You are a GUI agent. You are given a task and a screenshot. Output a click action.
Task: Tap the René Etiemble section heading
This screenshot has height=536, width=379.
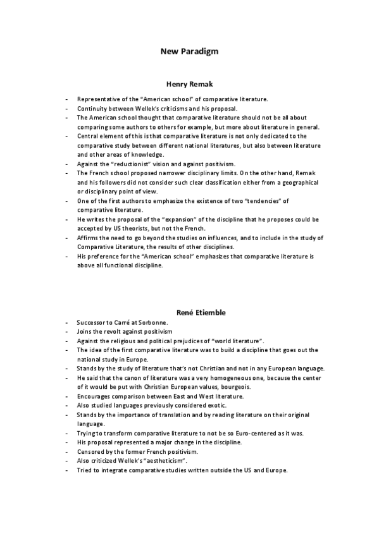189,312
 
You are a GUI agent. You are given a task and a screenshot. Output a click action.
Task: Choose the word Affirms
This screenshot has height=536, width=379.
88,237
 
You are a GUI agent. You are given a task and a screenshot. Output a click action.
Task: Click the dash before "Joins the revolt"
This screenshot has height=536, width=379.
66,331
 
